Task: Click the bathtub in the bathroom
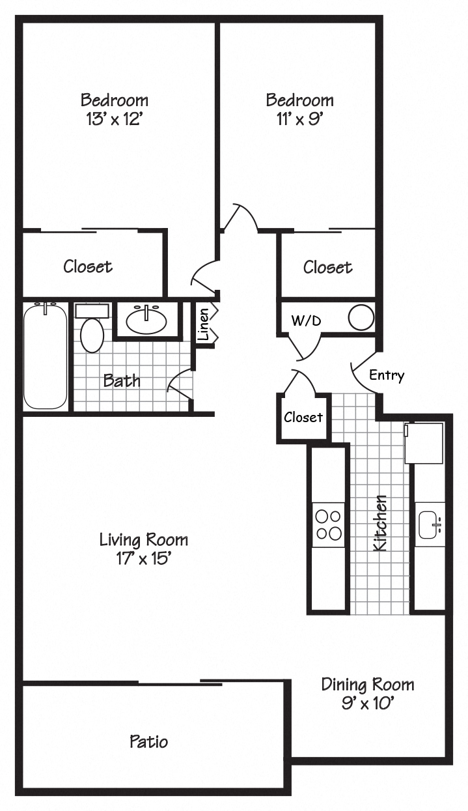45,357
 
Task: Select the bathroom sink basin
146,320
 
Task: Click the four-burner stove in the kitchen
328,525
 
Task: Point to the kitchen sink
430,525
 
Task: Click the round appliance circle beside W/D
361,318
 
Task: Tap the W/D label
306,320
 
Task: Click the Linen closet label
204,324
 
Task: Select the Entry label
387,375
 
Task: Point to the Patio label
148,741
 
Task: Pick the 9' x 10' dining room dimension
367,703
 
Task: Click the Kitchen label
380,522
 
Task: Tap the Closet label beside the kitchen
303,417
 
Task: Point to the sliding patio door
180,683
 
